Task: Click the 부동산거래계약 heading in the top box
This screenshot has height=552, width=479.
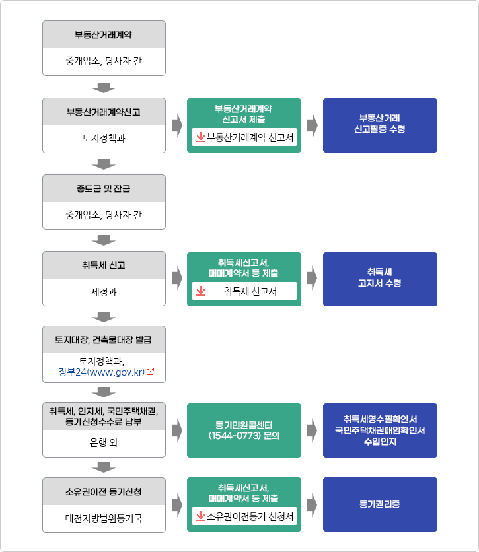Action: [x=103, y=35]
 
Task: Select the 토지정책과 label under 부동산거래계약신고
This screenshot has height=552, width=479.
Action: [x=104, y=138]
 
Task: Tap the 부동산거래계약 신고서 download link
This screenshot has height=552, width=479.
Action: [x=244, y=137]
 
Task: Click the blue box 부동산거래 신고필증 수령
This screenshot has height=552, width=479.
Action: [x=380, y=125]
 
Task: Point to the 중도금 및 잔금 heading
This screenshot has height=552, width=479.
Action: [x=104, y=189]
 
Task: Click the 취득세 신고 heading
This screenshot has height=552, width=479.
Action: [x=104, y=265]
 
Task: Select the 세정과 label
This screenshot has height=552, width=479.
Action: [x=104, y=292]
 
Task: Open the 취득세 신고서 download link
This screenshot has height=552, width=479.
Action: [x=244, y=291]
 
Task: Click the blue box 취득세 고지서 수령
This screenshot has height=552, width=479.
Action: [x=380, y=279]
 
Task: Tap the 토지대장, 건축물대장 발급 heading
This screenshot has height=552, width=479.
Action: [x=103, y=340]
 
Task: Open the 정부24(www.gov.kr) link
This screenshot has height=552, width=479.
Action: [x=102, y=372]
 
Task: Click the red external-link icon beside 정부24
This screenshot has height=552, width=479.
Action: [x=151, y=371]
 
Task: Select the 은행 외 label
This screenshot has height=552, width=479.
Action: [x=104, y=442]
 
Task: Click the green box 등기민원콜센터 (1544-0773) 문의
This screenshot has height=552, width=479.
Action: [x=244, y=431]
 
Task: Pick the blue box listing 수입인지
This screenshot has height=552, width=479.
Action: [x=380, y=431]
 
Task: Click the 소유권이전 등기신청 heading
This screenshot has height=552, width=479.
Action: [x=104, y=491]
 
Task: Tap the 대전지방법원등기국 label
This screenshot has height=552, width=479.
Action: [x=104, y=518]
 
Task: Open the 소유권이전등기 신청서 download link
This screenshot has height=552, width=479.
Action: [x=244, y=516]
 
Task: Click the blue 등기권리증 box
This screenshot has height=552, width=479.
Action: [x=380, y=504]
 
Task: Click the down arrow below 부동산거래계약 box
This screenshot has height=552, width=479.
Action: [x=104, y=88]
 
